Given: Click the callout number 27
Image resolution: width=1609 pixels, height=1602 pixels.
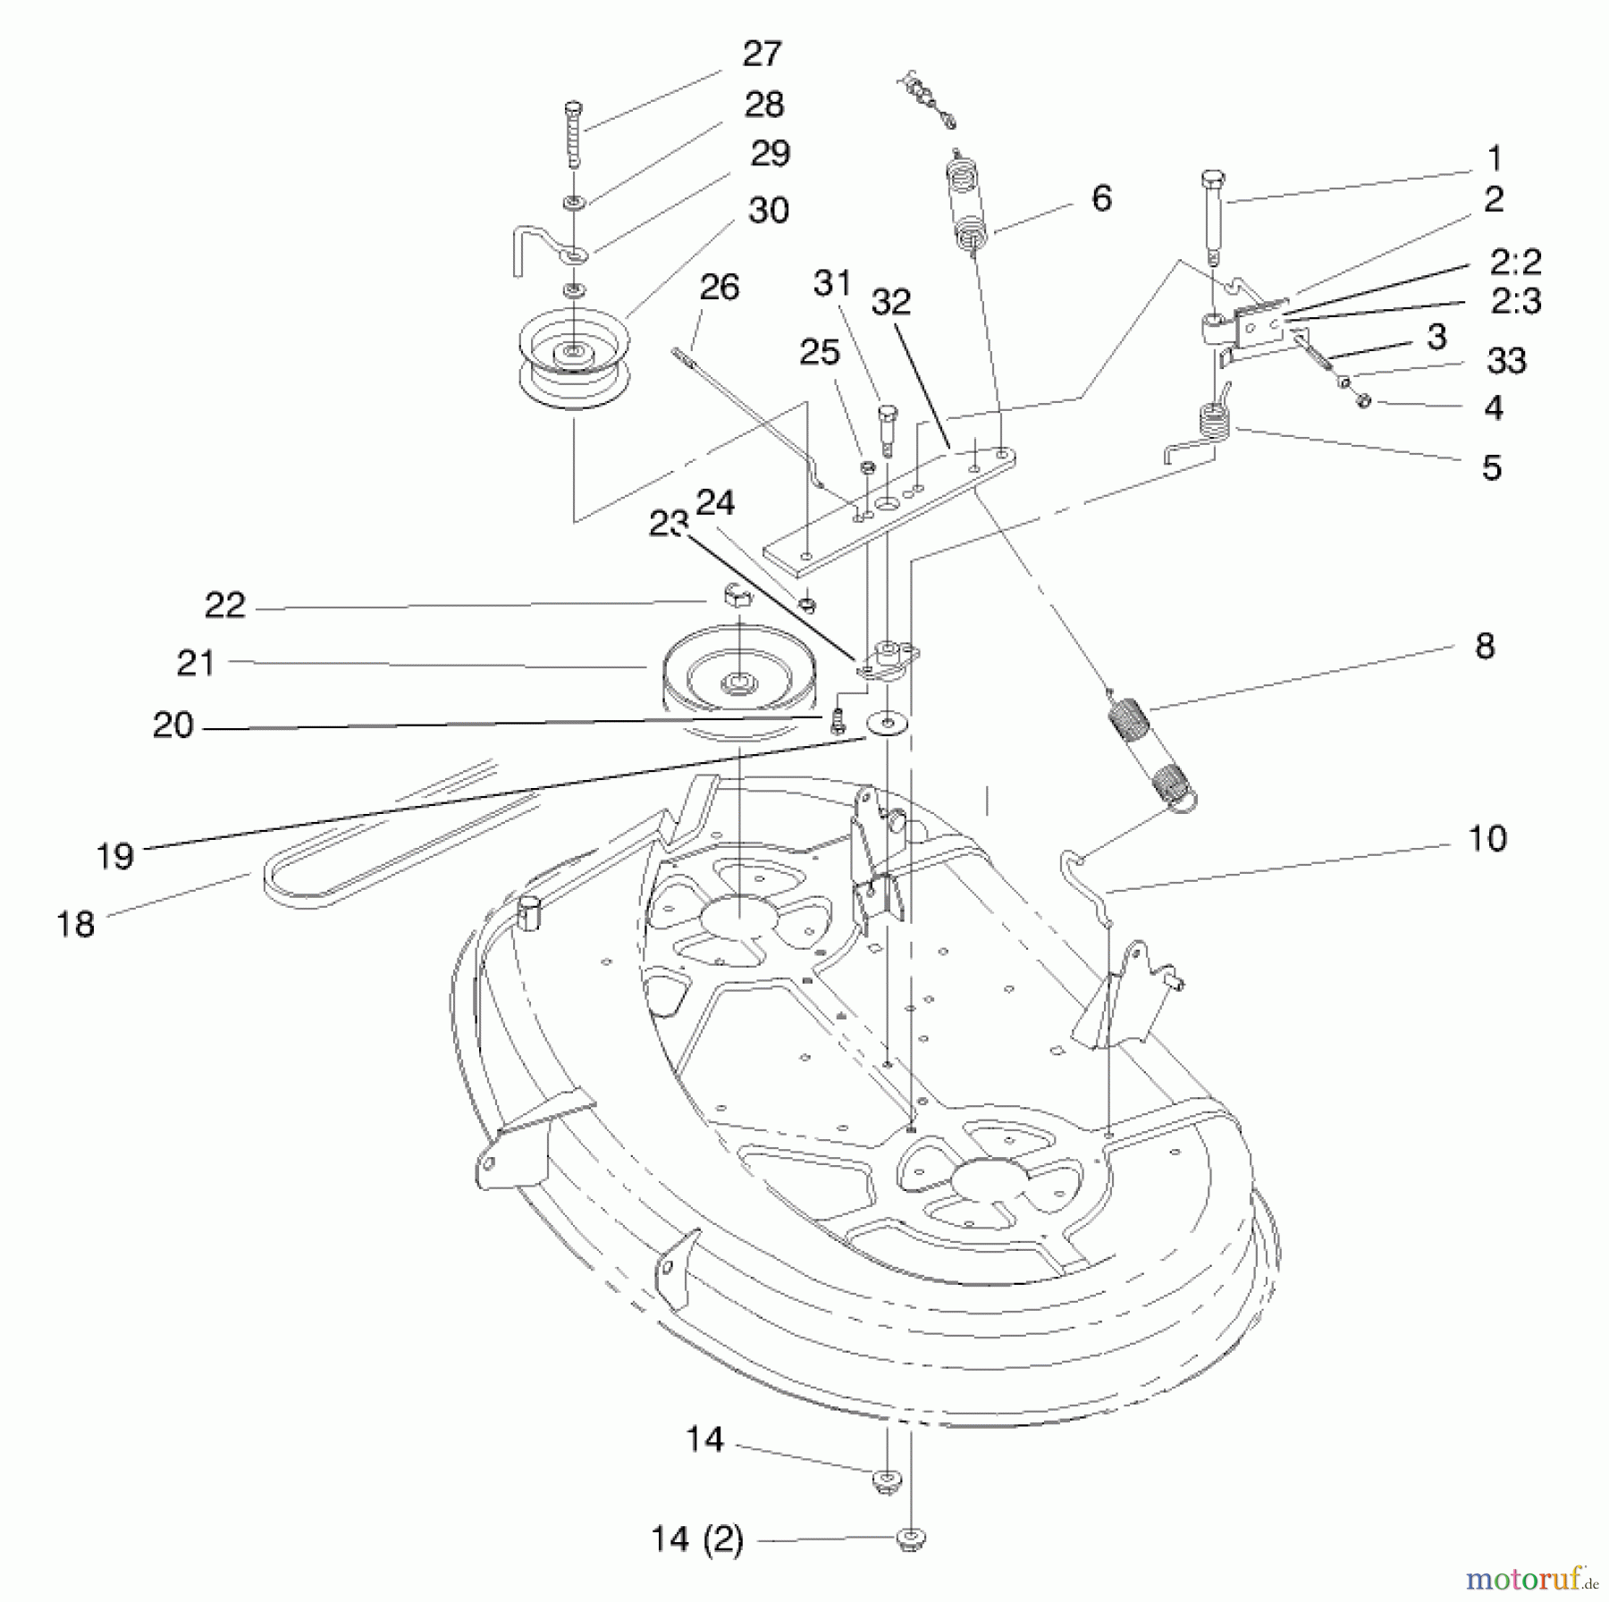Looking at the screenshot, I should click(762, 55).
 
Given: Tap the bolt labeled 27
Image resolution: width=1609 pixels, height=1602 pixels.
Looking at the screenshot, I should click(573, 134).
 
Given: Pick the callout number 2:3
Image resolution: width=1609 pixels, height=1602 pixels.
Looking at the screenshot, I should click(1516, 302).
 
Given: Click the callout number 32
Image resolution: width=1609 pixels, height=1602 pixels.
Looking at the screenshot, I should click(890, 303).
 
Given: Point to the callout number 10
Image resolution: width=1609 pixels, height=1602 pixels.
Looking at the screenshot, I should click(1487, 839).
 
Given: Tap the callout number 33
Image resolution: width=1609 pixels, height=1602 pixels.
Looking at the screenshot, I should click(1506, 362).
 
